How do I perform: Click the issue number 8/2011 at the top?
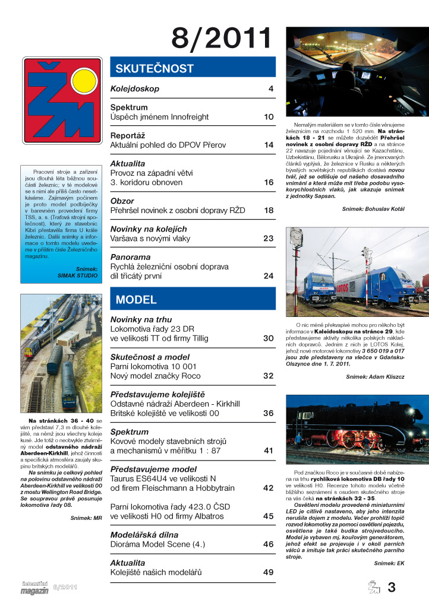pos(221,37)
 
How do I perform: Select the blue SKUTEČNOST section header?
pos(193,67)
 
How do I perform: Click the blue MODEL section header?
pos(193,300)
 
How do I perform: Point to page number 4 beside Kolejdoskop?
pos(270,89)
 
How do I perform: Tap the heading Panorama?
pos(130,257)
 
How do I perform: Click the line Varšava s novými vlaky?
pos(149,239)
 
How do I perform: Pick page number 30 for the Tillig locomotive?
pos(268,338)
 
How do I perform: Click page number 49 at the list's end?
pos(268,572)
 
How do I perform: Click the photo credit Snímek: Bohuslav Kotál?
pos(373,209)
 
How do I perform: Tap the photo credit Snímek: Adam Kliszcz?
pos(376,377)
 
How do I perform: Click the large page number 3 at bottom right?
pos(391,588)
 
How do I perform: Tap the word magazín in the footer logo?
pos(34,591)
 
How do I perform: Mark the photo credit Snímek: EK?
pos(389,563)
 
